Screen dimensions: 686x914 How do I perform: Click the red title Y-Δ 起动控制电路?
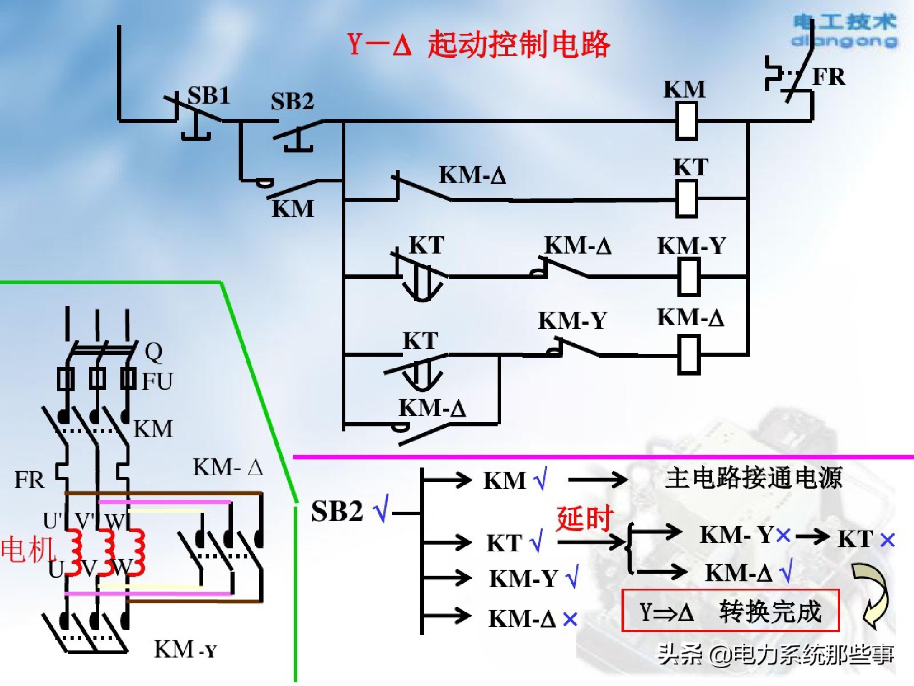[477, 45]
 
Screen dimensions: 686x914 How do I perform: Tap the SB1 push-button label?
[208, 96]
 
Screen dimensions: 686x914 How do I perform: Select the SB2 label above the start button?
[292, 102]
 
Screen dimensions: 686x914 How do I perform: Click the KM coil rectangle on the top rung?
[686, 121]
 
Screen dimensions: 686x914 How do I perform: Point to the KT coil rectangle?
[686, 199]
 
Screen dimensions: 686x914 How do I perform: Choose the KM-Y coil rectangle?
[689, 277]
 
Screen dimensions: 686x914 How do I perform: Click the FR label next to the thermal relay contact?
[829, 77]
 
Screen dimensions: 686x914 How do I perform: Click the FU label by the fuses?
[157, 382]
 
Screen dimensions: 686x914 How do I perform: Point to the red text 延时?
[584, 519]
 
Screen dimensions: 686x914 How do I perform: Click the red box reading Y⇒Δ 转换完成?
[730, 611]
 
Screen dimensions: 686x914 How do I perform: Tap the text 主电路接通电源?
[754, 478]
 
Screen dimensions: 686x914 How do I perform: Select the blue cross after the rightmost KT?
[887, 540]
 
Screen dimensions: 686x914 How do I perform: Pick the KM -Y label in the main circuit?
[185, 649]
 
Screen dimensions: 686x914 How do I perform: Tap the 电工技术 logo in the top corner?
[845, 30]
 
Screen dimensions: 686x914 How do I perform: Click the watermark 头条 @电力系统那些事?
[775, 654]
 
